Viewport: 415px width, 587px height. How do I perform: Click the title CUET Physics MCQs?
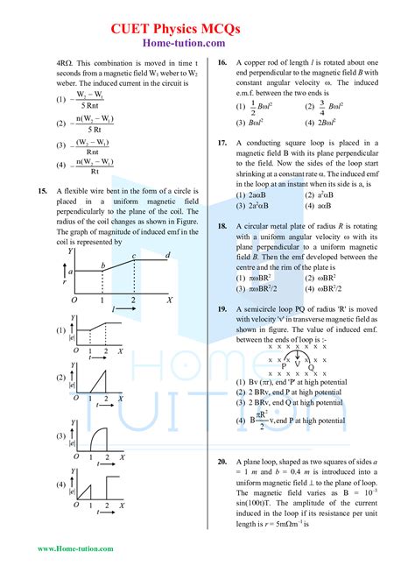pos(207,31)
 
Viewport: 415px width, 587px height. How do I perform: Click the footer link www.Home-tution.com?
pos(75,549)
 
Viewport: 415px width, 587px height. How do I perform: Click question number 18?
pos(222,226)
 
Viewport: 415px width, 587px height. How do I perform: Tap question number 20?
pos(222,461)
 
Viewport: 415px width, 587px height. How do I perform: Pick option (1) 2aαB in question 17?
pos(257,194)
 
